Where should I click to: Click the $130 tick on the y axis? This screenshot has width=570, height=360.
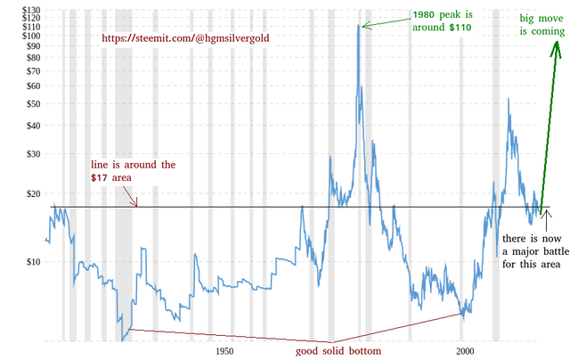(x=16, y=9)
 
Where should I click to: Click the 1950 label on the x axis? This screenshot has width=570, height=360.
(x=224, y=351)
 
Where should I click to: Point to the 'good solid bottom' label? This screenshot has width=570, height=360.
(x=338, y=351)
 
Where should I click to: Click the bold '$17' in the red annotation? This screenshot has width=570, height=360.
(x=100, y=179)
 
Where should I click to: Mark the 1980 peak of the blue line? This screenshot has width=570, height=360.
(x=360, y=26)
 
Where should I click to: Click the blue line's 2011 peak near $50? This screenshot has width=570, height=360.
(x=509, y=99)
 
